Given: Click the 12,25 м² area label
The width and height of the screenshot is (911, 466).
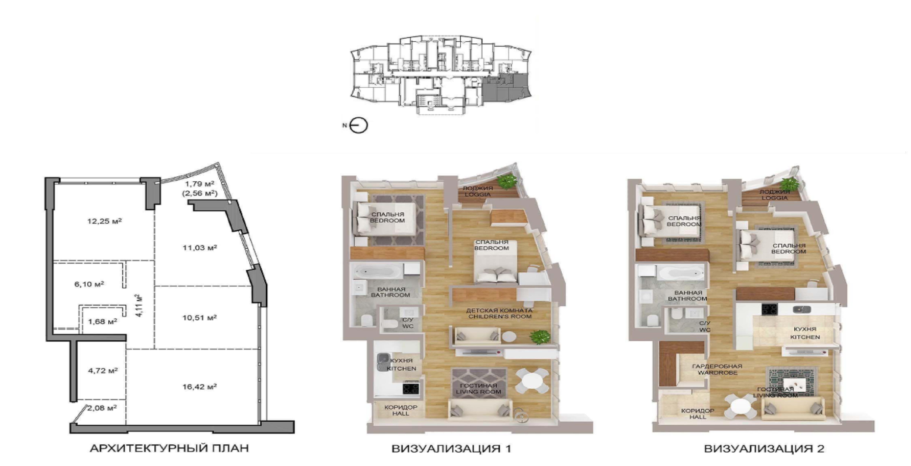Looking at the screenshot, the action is pos(105,221).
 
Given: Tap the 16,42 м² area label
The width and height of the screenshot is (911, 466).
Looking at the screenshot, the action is pos(199,386).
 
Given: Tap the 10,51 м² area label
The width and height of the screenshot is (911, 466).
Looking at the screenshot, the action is pos(199,317).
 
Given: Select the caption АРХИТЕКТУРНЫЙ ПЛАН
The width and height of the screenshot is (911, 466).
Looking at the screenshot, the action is pos(169,448).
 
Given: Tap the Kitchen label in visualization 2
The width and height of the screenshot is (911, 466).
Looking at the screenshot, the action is pos(805,333).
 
